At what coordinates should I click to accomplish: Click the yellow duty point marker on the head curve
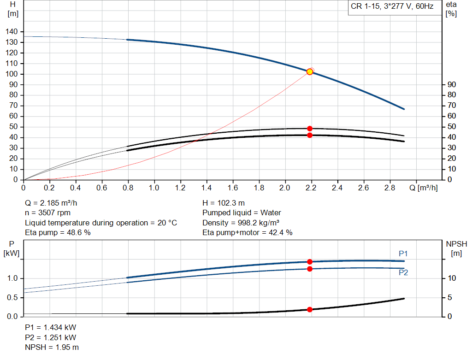click(x=310, y=71)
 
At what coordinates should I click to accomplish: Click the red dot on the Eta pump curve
click(x=310, y=129)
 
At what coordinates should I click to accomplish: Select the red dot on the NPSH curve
click(x=310, y=309)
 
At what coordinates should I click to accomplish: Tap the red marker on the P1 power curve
click(x=310, y=261)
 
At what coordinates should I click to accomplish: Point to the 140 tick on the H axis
click(x=12, y=32)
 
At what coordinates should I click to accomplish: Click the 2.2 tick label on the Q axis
click(x=311, y=188)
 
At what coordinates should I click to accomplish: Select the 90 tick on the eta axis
click(x=452, y=85)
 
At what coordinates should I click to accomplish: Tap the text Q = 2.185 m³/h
click(x=54, y=203)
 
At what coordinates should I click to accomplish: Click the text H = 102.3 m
click(x=224, y=203)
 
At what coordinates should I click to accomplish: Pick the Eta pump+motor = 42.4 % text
click(x=248, y=233)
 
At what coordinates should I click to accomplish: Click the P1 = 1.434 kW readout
click(x=51, y=327)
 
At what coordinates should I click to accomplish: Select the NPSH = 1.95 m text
click(x=52, y=347)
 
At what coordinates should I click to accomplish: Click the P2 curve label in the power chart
click(x=403, y=273)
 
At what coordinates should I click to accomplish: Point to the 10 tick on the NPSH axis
click(x=452, y=278)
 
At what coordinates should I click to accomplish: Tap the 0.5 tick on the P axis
click(x=12, y=297)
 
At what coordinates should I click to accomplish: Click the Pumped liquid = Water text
click(x=242, y=213)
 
